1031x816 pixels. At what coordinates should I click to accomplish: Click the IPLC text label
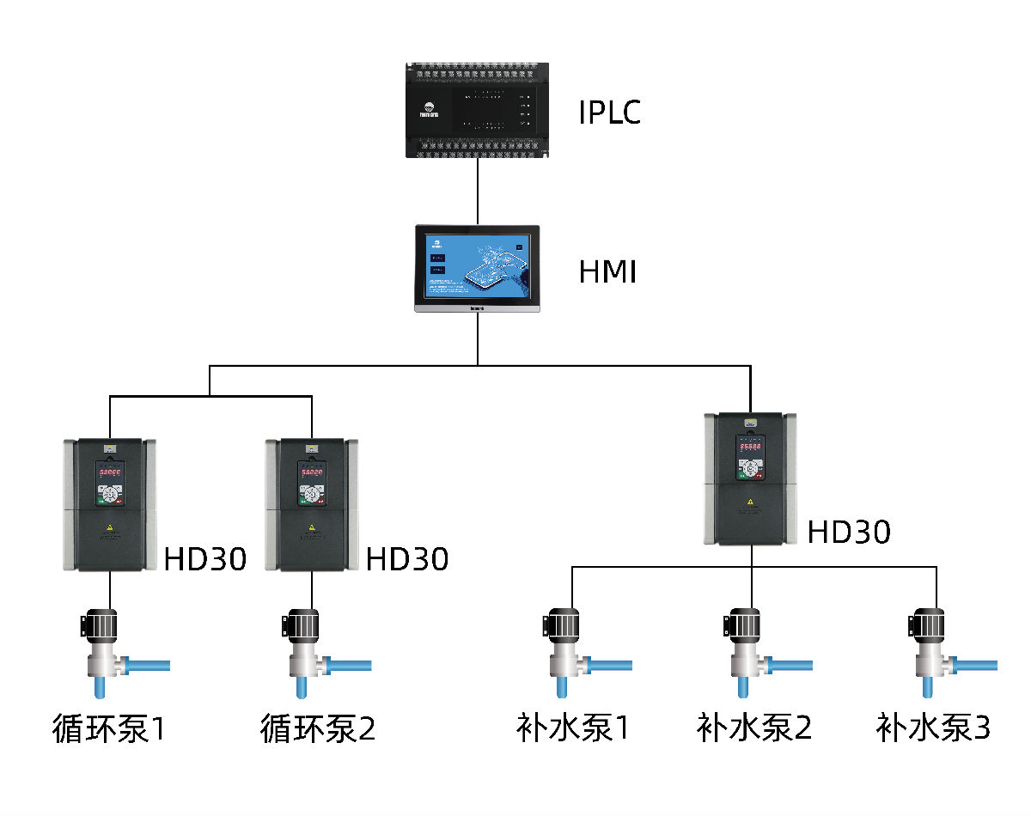click(x=609, y=113)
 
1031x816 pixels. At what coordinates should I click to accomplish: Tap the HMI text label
click(x=607, y=272)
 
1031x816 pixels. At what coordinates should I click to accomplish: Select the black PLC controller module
click(x=478, y=109)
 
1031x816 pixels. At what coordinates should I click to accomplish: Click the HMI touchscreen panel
click(x=478, y=269)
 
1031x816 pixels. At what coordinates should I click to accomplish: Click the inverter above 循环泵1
click(x=110, y=505)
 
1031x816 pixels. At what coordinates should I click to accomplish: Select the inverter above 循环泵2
click(x=312, y=505)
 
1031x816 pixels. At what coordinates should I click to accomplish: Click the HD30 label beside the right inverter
click(x=849, y=533)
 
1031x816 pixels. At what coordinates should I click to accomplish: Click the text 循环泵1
click(x=107, y=729)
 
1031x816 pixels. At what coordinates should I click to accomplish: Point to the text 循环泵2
click(x=318, y=729)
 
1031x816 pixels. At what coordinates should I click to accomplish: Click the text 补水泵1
click(x=572, y=728)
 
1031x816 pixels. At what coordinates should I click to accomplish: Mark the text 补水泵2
click(x=753, y=728)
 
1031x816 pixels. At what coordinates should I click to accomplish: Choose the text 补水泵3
click(x=934, y=728)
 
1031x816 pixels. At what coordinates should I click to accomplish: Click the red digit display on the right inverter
click(x=752, y=448)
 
